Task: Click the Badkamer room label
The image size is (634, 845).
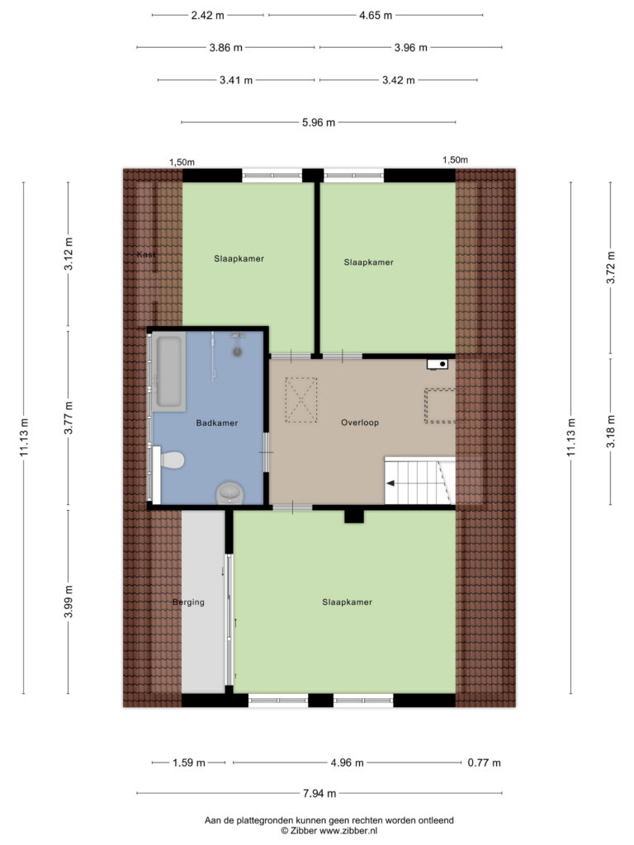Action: pyautogui.click(x=217, y=423)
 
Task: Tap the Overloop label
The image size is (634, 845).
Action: pyautogui.click(x=360, y=422)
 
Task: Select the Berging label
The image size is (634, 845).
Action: pyautogui.click(x=188, y=602)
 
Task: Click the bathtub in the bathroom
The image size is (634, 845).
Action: pyautogui.click(x=168, y=371)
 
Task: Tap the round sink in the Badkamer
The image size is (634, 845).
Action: pyautogui.click(x=230, y=492)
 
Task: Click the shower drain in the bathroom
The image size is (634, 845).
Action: pyautogui.click(x=237, y=352)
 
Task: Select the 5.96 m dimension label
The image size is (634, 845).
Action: pyautogui.click(x=319, y=123)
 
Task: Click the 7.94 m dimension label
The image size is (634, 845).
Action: pyautogui.click(x=319, y=793)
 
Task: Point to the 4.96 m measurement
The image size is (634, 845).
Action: pyautogui.click(x=347, y=763)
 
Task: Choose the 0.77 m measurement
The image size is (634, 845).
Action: pyautogui.click(x=484, y=763)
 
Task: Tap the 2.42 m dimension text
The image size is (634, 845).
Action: pyautogui.click(x=207, y=16)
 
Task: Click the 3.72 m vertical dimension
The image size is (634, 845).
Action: pyautogui.click(x=611, y=267)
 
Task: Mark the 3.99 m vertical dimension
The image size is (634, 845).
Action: pyautogui.click(x=69, y=602)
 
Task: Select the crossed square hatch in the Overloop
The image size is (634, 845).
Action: pyautogui.click(x=300, y=400)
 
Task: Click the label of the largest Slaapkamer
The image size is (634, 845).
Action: pyautogui.click(x=348, y=602)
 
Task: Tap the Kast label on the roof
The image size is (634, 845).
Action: pyautogui.click(x=146, y=254)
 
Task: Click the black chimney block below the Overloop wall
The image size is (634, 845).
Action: pyautogui.click(x=354, y=517)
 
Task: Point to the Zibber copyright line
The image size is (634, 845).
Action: pyautogui.click(x=329, y=831)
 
